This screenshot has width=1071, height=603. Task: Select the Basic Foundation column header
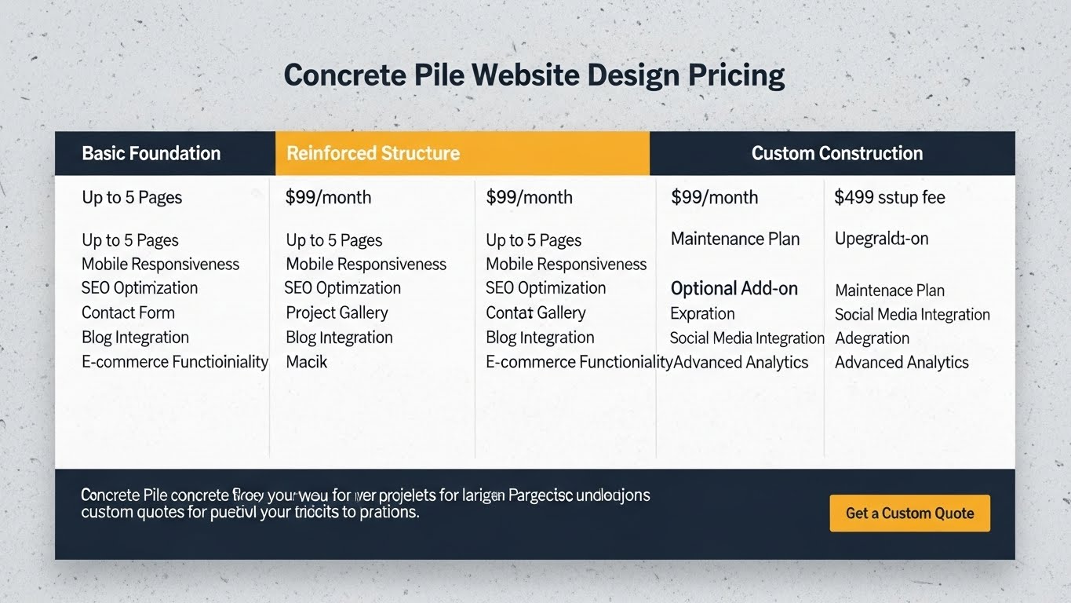click(x=151, y=153)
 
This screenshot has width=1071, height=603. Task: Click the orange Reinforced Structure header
click(x=373, y=153)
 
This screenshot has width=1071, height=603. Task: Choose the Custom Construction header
click(x=836, y=153)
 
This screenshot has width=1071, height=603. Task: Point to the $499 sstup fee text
click(x=889, y=198)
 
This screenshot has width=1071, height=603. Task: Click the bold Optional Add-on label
click(x=734, y=289)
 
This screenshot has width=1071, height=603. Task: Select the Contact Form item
click(x=128, y=312)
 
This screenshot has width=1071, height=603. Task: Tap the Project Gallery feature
click(x=337, y=312)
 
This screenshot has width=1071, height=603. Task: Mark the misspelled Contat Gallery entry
click(x=535, y=312)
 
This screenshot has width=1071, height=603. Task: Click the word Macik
click(x=306, y=362)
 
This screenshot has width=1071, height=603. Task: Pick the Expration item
click(x=702, y=313)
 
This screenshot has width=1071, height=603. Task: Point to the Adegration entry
click(x=872, y=338)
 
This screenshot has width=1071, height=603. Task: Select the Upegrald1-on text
click(x=881, y=239)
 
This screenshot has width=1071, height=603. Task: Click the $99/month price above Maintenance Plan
click(x=714, y=198)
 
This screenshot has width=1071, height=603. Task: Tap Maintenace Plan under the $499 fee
click(x=889, y=291)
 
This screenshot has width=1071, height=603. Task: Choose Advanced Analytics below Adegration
click(x=902, y=363)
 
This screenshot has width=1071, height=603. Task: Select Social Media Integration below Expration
click(x=746, y=338)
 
